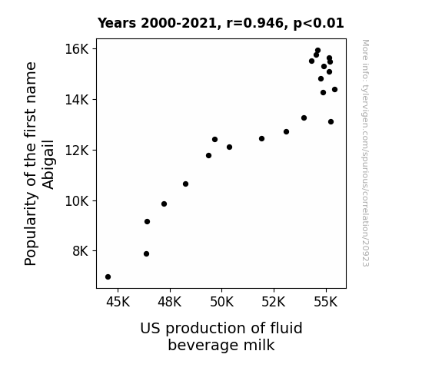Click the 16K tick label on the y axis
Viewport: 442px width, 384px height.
(x=77, y=49)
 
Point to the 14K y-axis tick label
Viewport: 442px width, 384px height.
(x=77, y=99)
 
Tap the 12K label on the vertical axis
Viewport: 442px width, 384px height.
(x=77, y=151)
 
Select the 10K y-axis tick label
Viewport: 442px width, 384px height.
(x=77, y=201)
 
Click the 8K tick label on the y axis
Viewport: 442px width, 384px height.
(x=81, y=250)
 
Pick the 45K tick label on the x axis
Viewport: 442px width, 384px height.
(x=118, y=302)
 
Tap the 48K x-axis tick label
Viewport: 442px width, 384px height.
(x=170, y=302)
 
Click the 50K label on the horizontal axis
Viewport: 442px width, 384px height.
(x=222, y=302)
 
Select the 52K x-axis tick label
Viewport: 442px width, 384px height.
(x=274, y=302)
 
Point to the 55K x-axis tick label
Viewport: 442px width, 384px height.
(x=326, y=302)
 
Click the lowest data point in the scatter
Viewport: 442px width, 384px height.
(x=108, y=277)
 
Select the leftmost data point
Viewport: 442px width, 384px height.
(x=108, y=277)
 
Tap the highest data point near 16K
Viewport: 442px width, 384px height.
(x=317, y=51)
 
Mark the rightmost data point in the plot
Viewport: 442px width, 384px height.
(x=334, y=90)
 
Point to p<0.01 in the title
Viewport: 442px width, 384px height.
(x=318, y=24)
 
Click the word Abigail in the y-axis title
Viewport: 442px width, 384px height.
(x=48, y=164)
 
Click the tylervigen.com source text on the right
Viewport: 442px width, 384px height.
(x=365, y=153)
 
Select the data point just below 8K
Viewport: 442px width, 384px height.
(x=146, y=254)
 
